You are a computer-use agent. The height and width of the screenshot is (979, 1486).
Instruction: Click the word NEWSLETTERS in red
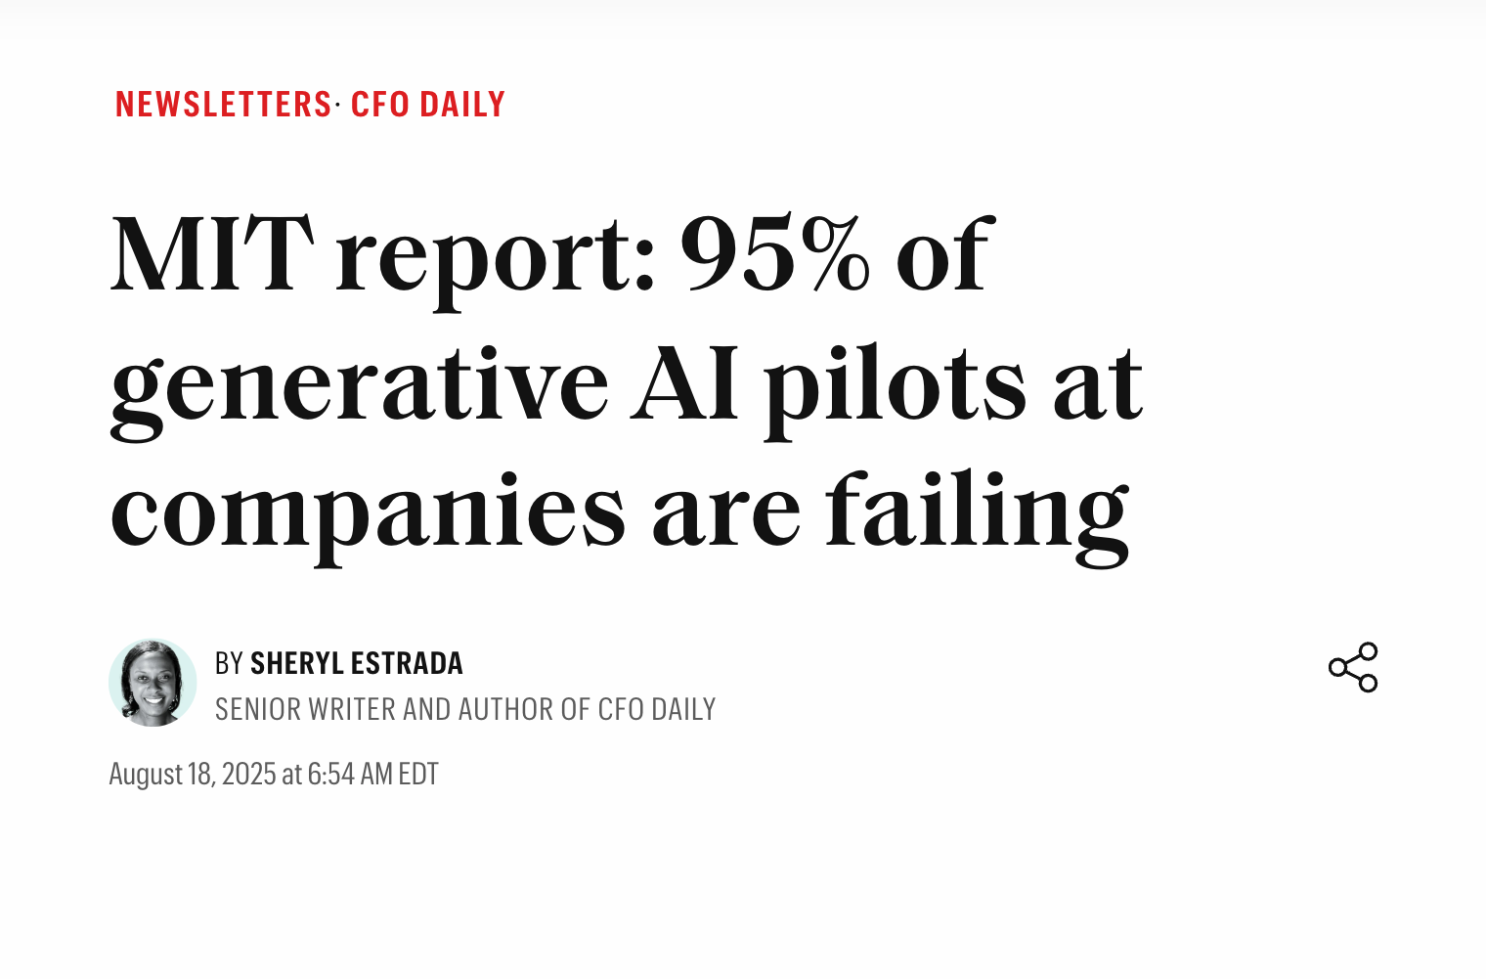point(224,105)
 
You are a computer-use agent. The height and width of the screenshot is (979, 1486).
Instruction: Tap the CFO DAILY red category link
point(427,105)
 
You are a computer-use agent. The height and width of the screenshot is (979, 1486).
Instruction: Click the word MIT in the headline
point(212,254)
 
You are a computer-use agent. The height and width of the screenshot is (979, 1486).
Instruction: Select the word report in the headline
point(495,256)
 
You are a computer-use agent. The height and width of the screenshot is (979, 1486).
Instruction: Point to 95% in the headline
point(774,254)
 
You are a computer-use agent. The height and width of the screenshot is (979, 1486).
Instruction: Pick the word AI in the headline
point(684,383)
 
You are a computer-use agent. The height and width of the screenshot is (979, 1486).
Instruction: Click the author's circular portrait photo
point(153,683)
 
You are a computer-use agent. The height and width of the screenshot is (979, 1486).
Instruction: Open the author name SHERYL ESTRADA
point(356,664)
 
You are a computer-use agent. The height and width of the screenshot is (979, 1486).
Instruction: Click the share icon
point(1353,667)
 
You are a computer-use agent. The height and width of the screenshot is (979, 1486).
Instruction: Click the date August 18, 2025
point(193,775)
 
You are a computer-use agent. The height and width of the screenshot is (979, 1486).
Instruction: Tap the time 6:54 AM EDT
point(372,775)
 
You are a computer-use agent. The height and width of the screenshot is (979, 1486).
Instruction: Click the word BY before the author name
point(229,664)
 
